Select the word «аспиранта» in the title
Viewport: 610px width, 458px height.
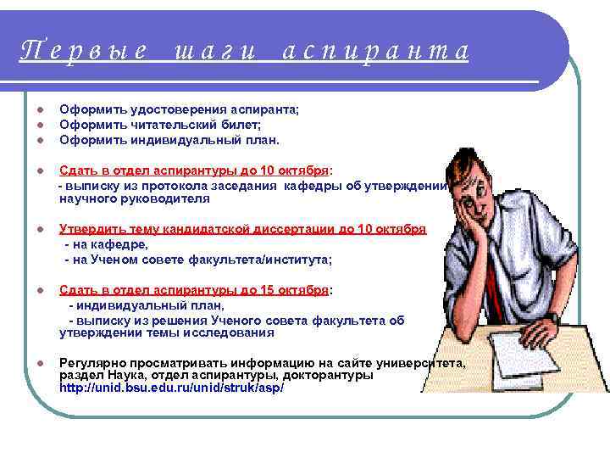pos(374,52)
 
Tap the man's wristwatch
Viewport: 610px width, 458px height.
pos(552,317)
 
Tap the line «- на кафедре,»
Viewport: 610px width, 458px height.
pos(106,244)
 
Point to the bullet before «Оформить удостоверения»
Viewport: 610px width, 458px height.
pos(40,110)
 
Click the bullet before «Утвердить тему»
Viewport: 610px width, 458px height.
pos(40,230)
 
